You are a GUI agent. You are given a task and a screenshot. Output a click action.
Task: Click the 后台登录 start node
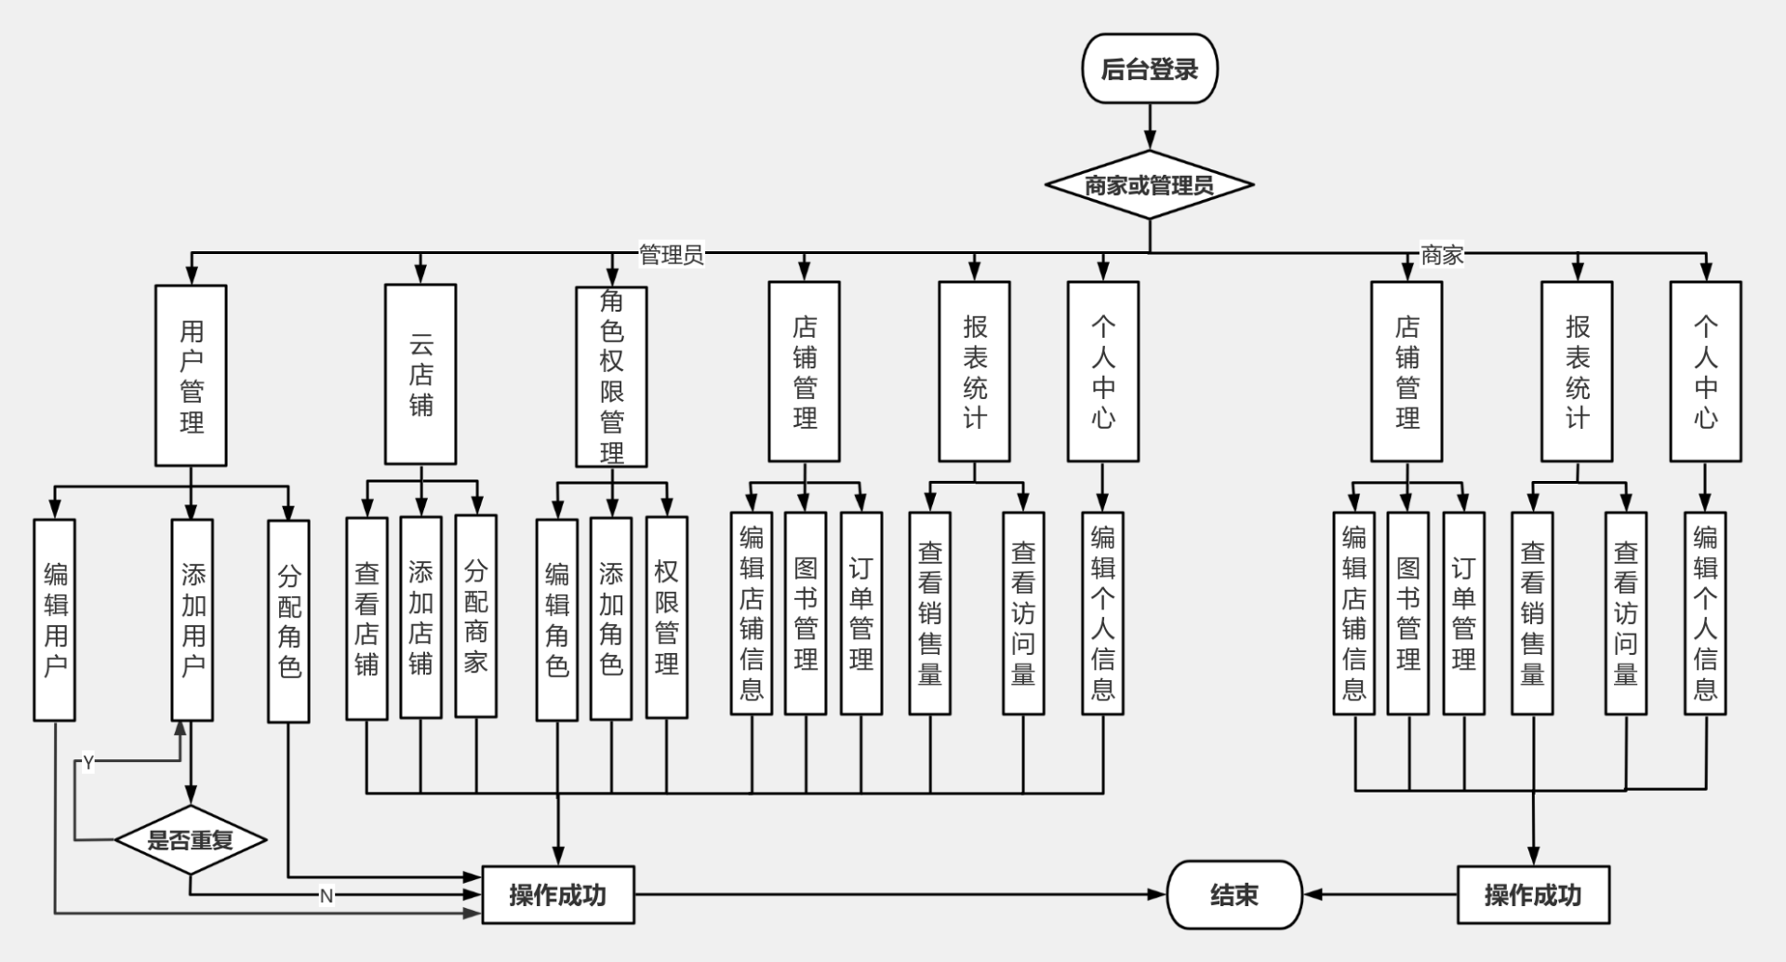click(1149, 69)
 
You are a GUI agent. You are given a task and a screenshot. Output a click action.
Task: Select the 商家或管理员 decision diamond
click(1149, 185)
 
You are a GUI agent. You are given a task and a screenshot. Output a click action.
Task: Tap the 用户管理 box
click(191, 375)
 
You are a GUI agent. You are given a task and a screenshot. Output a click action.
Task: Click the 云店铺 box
click(420, 374)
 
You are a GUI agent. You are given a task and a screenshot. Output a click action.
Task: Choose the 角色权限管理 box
click(611, 376)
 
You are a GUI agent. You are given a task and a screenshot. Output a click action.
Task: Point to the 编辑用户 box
click(55, 620)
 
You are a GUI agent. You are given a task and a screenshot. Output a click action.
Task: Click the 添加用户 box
click(193, 620)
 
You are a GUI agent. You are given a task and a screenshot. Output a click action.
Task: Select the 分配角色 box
click(288, 621)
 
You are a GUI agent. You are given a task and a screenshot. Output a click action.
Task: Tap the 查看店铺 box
click(367, 618)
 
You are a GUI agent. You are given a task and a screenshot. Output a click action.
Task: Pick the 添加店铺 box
click(420, 618)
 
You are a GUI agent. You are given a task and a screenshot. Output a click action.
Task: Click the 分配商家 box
click(475, 616)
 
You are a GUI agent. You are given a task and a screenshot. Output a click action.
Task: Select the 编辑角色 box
click(556, 620)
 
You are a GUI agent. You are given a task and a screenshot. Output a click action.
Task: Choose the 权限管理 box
click(666, 618)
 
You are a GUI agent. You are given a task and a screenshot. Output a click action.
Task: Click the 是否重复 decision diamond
click(191, 840)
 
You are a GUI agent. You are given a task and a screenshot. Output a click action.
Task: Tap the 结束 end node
click(1233, 895)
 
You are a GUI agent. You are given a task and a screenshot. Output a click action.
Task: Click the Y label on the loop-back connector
click(88, 763)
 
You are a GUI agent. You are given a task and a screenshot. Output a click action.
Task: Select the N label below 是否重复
click(326, 896)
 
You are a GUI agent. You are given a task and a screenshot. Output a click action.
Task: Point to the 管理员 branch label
click(671, 254)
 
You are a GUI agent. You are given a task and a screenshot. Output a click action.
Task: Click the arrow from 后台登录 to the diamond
click(1150, 127)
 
